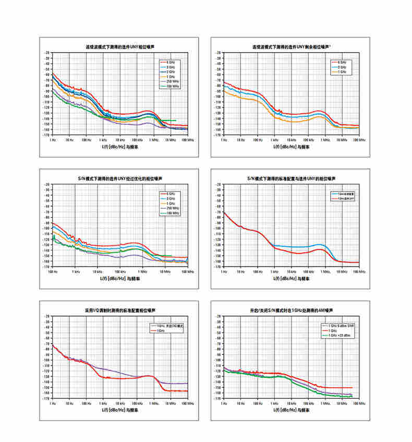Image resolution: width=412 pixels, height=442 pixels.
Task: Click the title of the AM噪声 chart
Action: (x=290, y=310)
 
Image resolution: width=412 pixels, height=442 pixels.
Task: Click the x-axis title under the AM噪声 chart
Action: (x=292, y=410)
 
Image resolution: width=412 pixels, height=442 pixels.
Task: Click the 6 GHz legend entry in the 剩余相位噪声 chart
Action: (x=342, y=62)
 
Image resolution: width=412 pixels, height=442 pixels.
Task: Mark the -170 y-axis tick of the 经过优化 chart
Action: (x=48, y=267)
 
